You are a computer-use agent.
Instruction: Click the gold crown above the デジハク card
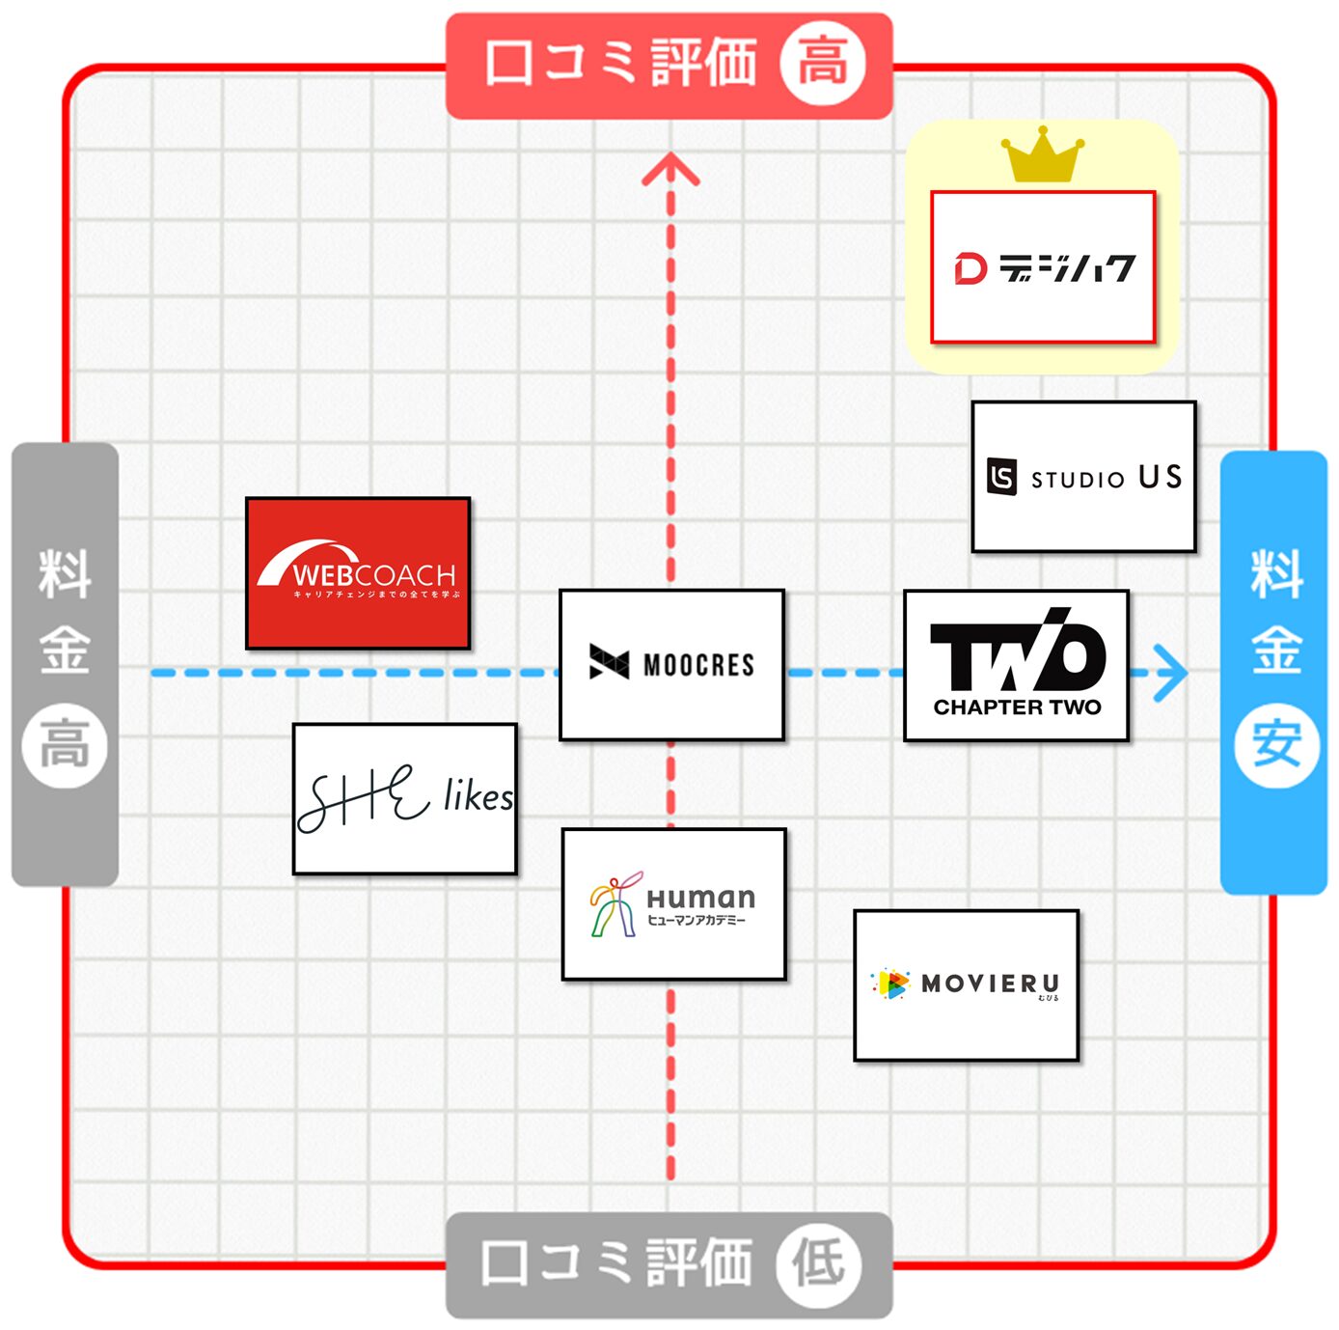click(x=1042, y=157)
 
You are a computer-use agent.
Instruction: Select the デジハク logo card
click(x=1042, y=266)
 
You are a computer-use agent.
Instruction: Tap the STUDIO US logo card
click(x=1083, y=477)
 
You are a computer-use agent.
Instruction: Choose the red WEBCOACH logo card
click(x=358, y=573)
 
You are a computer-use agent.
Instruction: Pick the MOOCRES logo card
click(x=671, y=665)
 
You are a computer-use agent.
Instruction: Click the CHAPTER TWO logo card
click(x=1016, y=665)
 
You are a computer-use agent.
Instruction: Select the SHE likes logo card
click(x=404, y=798)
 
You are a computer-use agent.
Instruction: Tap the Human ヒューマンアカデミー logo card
click(x=673, y=903)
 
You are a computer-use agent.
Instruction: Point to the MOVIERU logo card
click(x=966, y=984)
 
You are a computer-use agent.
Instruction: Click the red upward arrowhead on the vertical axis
click(x=670, y=170)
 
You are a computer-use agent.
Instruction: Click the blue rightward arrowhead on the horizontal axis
click(x=1169, y=673)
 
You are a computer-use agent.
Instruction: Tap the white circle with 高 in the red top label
click(x=822, y=64)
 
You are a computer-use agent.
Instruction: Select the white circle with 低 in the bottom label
click(x=819, y=1263)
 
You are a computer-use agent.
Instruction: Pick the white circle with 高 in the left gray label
click(x=65, y=746)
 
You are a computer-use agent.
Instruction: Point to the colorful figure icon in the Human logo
click(x=614, y=903)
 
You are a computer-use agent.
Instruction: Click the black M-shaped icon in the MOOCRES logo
click(x=609, y=663)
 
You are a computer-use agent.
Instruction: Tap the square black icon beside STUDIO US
click(x=1001, y=477)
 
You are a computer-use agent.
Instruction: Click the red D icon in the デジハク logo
click(x=970, y=268)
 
